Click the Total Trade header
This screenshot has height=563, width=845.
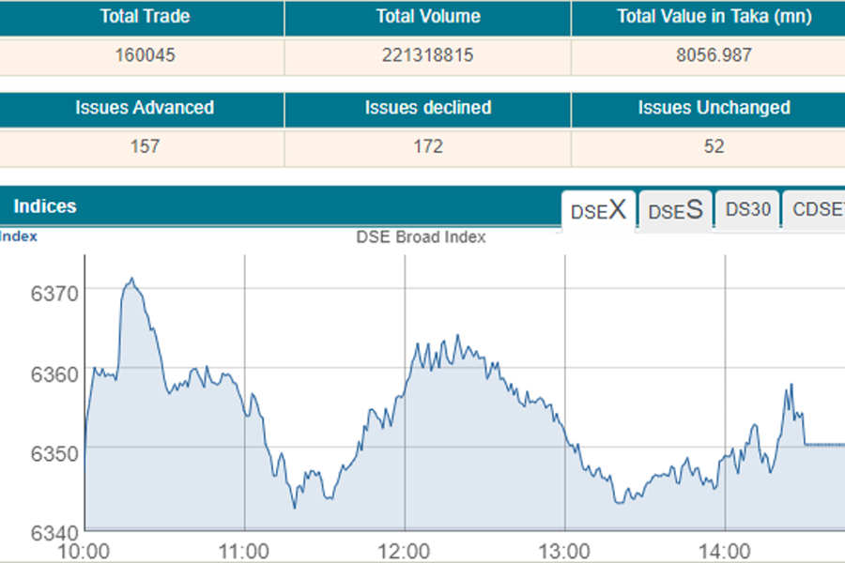coord(145,17)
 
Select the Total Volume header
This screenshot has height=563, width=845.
coord(428,17)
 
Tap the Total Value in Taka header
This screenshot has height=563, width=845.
coord(714,17)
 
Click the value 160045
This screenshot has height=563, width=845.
coord(145,55)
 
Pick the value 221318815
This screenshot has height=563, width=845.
coord(428,55)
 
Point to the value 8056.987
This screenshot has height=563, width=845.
coord(714,55)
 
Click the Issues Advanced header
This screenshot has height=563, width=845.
coord(145,108)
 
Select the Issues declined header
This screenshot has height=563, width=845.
coord(428,108)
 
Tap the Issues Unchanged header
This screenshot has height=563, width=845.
coord(714,108)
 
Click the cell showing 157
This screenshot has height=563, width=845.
coord(145,146)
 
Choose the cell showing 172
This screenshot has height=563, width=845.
coord(428,146)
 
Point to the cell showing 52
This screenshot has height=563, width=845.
coord(714,146)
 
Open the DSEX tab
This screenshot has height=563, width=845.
coord(598,210)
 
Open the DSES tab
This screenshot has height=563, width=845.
coord(676,210)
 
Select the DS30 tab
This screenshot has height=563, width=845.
coord(747,210)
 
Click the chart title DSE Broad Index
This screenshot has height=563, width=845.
coord(421,237)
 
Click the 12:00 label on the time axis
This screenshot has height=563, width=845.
coord(406,550)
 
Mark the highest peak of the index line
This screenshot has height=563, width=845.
coord(132,279)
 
